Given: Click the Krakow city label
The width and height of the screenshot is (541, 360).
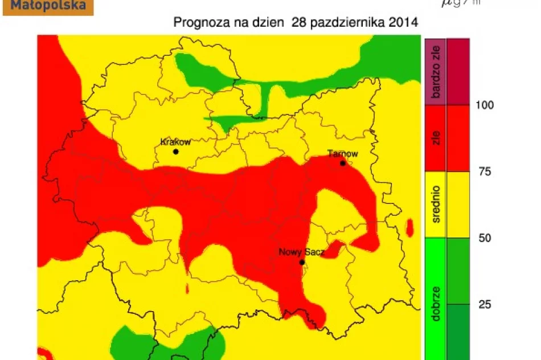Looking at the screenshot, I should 175,142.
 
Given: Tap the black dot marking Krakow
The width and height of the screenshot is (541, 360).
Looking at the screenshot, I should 176,152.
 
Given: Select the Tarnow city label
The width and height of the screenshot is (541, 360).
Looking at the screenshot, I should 343,154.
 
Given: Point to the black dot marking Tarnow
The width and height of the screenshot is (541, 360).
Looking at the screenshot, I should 343,163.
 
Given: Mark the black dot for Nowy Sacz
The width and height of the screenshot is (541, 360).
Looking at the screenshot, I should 302,263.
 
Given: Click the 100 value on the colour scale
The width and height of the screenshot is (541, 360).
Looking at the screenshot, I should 485,105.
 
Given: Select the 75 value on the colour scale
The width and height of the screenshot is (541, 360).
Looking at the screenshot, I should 483,171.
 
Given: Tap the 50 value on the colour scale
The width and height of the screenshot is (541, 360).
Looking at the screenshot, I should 484,238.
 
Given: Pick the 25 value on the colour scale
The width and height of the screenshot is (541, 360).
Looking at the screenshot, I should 484,305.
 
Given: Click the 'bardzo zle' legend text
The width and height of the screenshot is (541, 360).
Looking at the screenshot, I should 437,72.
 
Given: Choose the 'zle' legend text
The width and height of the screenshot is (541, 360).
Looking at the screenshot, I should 437,138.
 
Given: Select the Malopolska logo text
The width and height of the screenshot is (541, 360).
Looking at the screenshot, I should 48,6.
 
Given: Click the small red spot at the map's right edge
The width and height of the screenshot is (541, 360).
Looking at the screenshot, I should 409,227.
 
